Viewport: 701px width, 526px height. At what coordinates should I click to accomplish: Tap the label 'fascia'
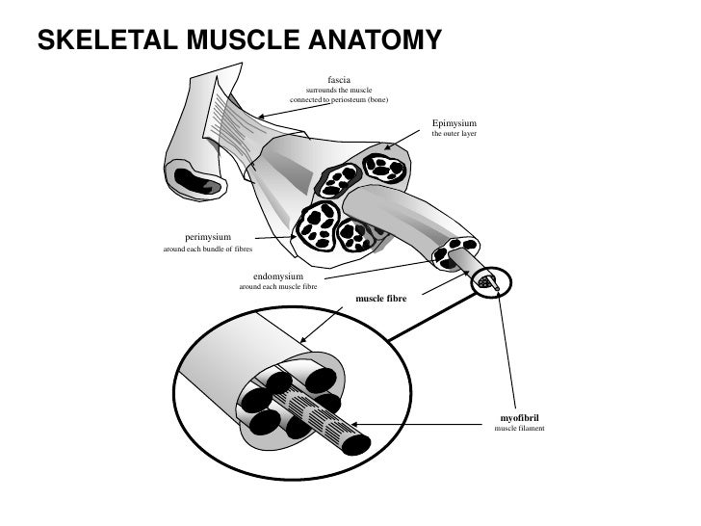[x=339, y=78]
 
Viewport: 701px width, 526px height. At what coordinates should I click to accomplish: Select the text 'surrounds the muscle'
[x=339, y=90]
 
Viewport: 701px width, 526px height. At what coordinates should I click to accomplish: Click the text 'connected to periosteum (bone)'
[x=339, y=101]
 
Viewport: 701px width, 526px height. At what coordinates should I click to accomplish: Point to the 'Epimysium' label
[x=454, y=123]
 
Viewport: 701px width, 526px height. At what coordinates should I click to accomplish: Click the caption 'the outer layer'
[x=454, y=134]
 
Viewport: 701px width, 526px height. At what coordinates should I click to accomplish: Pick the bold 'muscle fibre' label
[x=381, y=300]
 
